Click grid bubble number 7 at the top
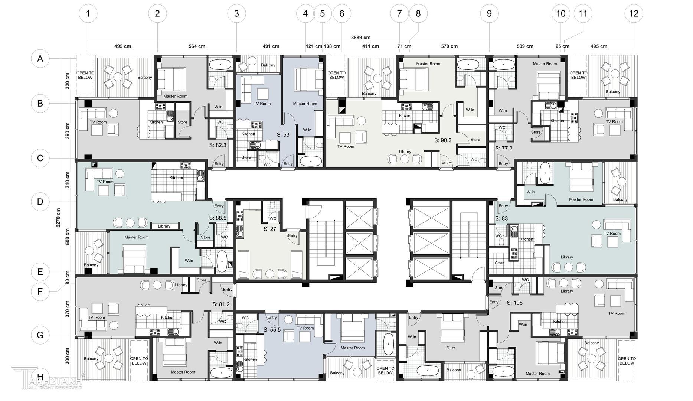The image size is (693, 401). point(399,14)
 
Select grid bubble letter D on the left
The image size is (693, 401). point(40,202)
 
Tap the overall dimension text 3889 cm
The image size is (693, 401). point(361,38)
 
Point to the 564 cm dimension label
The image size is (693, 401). point(197,46)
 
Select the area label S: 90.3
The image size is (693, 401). point(443,140)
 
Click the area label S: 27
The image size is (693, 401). point(270,229)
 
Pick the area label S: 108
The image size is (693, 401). point(514,303)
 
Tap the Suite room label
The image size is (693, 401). point(451,348)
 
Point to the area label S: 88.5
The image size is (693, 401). point(218,218)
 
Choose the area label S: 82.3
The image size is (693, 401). point(218,145)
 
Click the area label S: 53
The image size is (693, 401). point(283,135)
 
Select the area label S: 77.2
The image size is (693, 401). point(504,148)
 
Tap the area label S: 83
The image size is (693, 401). point(501,219)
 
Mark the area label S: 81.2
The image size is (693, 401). point(221,304)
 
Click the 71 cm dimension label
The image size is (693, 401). point(404,46)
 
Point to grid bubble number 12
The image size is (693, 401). point(634,14)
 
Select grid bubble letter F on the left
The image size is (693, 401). point(40,292)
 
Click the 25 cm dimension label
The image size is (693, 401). point(562,46)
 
